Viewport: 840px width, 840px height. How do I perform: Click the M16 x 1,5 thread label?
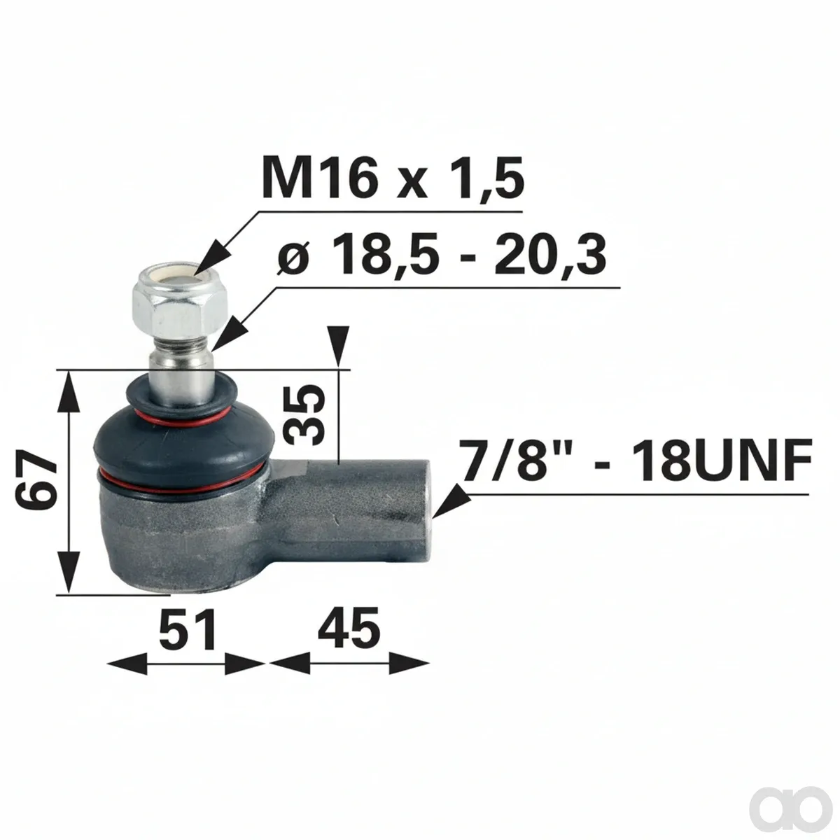[392, 179]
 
